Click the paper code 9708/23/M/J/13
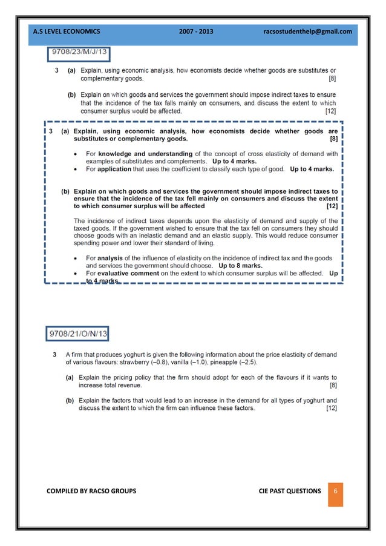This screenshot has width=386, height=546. pyautogui.click(x=78, y=53)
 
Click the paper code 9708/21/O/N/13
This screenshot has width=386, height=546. pyautogui.click(x=78, y=333)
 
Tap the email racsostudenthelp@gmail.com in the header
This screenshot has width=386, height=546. pyautogui.click(x=308, y=31)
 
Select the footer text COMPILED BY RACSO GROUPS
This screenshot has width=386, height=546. pyautogui.click(x=91, y=491)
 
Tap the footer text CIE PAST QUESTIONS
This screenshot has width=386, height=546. pyautogui.click(x=286, y=491)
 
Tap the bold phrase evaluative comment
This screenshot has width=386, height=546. pyautogui.click(x=129, y=273)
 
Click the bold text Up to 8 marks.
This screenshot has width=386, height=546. pyautogui.click(x=238, y=266)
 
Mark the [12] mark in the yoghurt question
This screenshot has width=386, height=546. pyautogui.click(x=332, y=408)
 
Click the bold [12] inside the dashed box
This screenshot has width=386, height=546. pyautogui.click(x=332, y=206)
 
